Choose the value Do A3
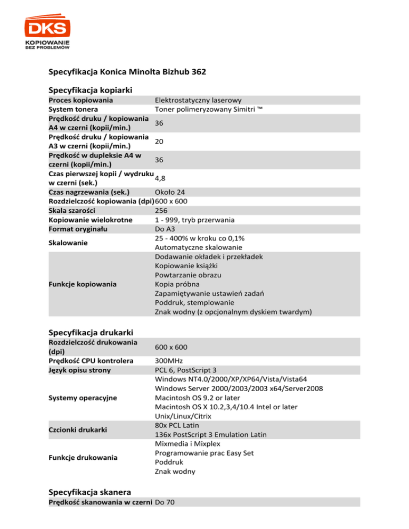point(164,229)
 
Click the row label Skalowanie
point(68,243)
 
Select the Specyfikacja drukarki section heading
point(91,333)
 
